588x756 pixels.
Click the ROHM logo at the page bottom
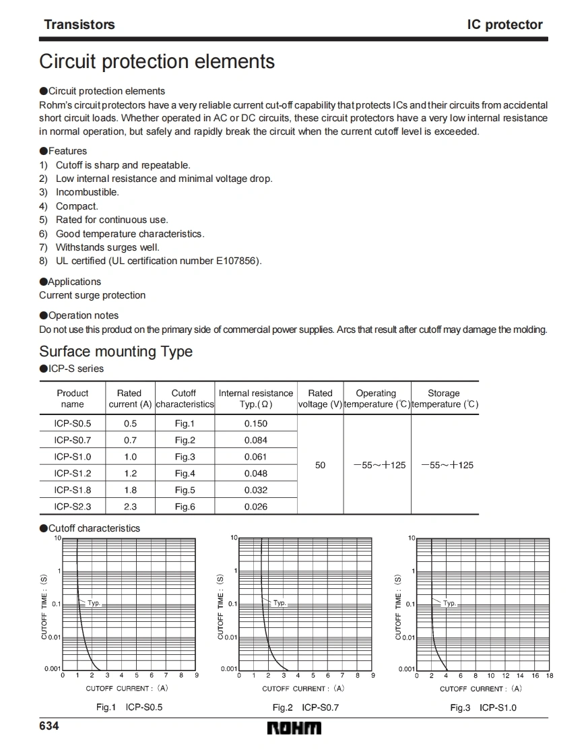pos(294,728)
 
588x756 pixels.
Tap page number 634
pos(49,726)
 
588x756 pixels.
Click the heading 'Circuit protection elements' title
pos(157,61)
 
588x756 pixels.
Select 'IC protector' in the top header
pos(504,25)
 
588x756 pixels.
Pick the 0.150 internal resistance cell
pos(255,424)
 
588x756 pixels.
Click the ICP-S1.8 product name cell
pos(72,490)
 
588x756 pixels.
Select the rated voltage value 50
pos(320,465)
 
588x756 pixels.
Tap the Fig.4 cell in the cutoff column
pos(185,474)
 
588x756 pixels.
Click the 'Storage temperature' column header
pos(444,398)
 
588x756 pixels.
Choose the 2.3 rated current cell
pos(130,507)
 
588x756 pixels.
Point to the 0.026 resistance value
pos(255,507)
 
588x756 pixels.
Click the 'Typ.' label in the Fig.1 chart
pos(94,603)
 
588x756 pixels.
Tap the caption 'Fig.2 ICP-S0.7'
pos(305,707)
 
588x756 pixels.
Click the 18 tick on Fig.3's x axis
pos(550,675)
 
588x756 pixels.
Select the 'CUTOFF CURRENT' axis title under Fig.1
pos(127,689)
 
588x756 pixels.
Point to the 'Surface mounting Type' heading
pos(116,352)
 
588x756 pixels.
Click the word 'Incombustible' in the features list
pos(87,192)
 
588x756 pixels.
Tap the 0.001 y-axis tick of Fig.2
pos(228,668)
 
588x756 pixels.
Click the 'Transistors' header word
pos(79,25)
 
